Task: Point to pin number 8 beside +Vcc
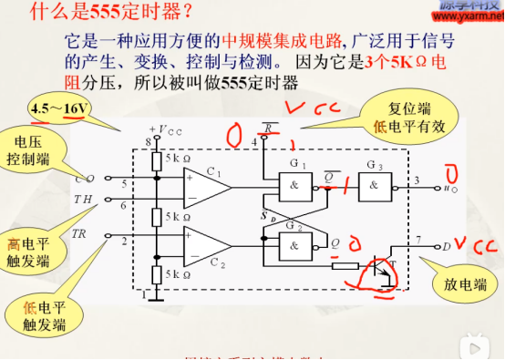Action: [x=147, y=142]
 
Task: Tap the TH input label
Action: [x=81, y=197]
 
